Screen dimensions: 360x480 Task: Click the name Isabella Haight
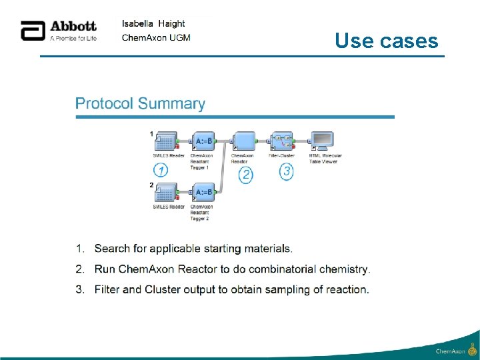coord(153,24)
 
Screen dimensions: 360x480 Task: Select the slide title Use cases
coord(386,41)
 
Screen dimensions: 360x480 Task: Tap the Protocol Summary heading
coord(140,104)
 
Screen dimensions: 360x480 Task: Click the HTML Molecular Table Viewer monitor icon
coord(323,141)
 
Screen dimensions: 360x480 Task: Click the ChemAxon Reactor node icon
coord(243,141)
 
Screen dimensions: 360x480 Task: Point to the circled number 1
coord(161,170)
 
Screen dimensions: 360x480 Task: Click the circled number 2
coord(246,175)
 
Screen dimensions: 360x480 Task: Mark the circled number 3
coord(287,171)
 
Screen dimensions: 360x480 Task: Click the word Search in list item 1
coord(112,249)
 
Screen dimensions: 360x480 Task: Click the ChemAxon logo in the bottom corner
coord(456,349)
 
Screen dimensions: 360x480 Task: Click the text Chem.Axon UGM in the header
coord(156,37)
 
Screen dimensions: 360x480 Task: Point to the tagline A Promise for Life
coord(73,38)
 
